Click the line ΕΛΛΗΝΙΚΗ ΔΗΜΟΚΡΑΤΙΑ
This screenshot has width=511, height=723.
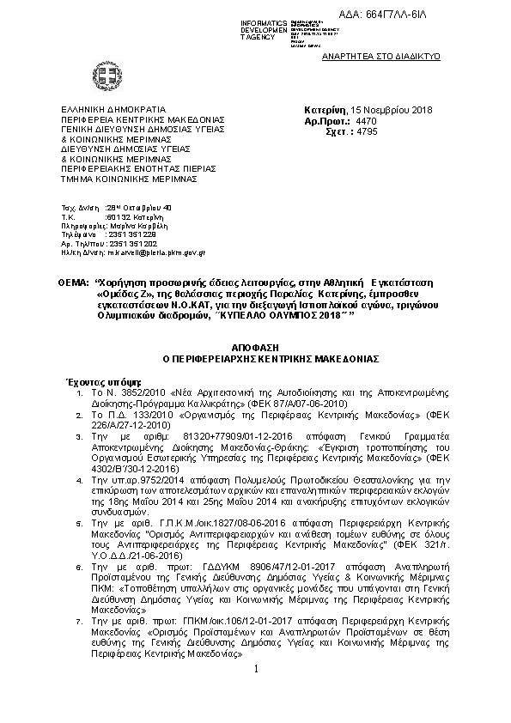point(112,111)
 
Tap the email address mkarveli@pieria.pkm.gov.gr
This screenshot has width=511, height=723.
point(155,253)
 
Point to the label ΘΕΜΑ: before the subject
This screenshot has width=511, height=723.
point(75,282)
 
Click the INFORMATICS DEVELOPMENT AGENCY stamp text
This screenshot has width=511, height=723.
point(265,28)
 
